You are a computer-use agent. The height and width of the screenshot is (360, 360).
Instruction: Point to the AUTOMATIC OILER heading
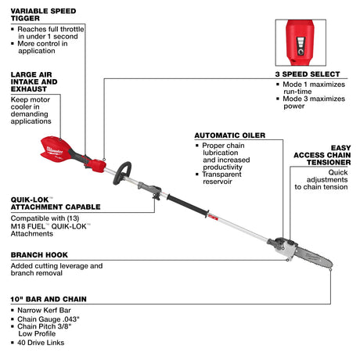click(x=229, y=134)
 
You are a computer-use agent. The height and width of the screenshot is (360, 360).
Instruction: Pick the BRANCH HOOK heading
click(x=39, y=255)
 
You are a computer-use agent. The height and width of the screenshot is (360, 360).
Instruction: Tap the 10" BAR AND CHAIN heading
click(x=46, y=299)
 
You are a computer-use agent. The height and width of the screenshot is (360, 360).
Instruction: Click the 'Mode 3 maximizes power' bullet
click(x=313, y=99)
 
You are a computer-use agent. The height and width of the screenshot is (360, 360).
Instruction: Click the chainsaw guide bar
click(x=309, y=254)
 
